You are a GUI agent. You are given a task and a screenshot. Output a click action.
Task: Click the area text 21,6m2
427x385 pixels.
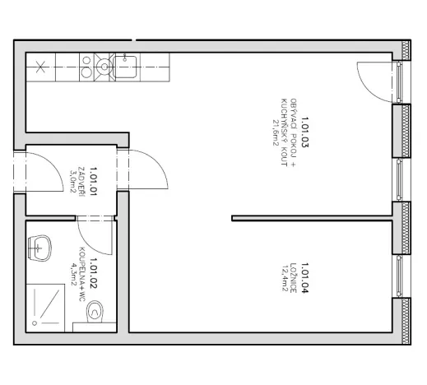276,129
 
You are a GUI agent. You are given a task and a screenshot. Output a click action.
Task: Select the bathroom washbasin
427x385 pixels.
39,244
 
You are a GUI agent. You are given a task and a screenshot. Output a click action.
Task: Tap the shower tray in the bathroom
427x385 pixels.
47,306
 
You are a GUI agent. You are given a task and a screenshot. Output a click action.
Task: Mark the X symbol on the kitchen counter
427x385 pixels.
39,66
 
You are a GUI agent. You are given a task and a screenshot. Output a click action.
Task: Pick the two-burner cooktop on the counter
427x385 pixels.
104,64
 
